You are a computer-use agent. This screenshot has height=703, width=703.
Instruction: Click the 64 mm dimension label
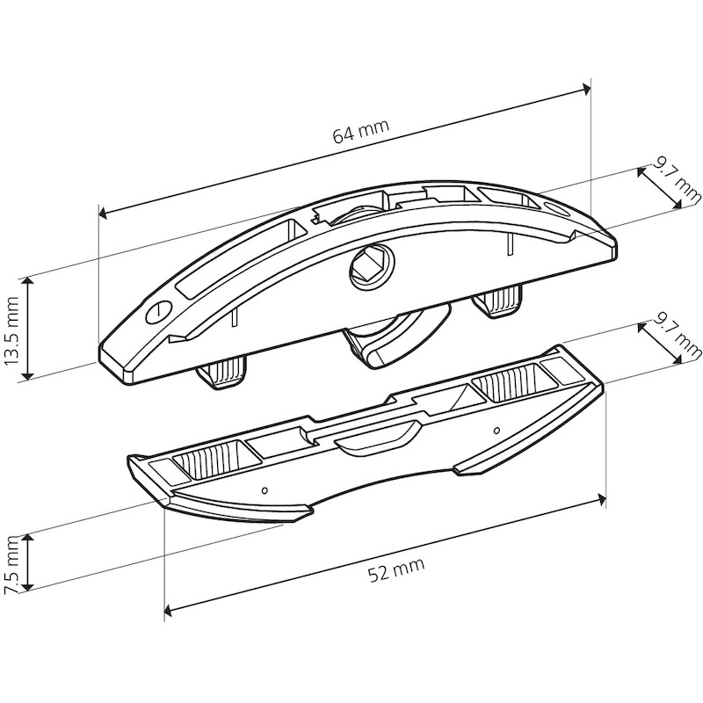361,131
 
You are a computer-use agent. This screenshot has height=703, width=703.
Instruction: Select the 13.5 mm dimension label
11,330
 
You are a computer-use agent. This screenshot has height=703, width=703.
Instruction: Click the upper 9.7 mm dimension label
676,183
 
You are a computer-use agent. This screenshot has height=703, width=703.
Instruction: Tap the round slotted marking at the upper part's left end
159,311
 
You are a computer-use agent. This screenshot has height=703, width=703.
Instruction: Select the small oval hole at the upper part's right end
555,208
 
